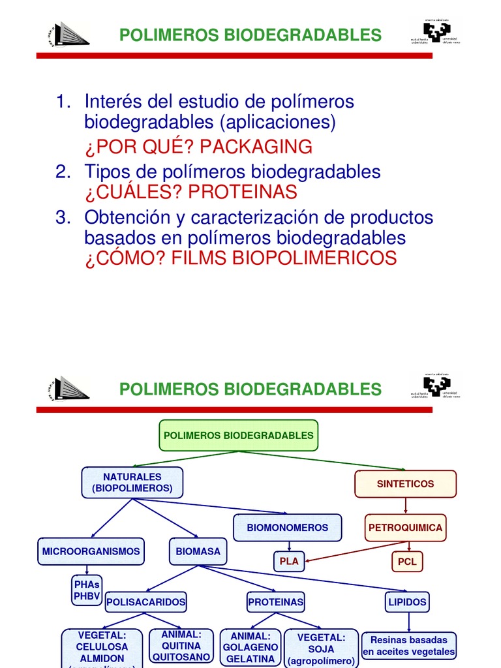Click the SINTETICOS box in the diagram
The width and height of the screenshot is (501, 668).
point(405,484)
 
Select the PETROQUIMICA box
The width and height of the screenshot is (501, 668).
point(405,527)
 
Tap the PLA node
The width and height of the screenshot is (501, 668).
point(288,561)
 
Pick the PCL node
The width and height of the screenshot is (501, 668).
point(406,561)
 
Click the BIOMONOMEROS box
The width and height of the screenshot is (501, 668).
point(288,527)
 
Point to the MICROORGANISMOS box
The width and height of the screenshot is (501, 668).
point(91,551)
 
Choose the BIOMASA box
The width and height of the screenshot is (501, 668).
point(198,551)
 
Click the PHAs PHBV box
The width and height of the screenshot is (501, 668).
point(87,590)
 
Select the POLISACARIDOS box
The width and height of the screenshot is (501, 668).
point(145,601)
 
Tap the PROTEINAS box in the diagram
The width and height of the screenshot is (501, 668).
point(275,601)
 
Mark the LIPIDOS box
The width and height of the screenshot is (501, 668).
point(407,601)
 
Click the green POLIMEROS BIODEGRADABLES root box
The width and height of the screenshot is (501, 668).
point(238,435)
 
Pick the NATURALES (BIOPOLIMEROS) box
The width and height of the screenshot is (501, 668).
point(132,483)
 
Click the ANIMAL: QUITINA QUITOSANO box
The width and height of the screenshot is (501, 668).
point(181,646)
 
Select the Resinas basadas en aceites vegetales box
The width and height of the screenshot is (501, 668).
point(409,646)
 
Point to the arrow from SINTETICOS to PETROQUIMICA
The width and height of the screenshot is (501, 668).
point(406,506)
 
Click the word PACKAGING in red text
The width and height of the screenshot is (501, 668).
point(256,147)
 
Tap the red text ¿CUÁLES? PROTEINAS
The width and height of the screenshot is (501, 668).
point(190,192)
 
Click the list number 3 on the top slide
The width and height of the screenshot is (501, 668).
point(62,217)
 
